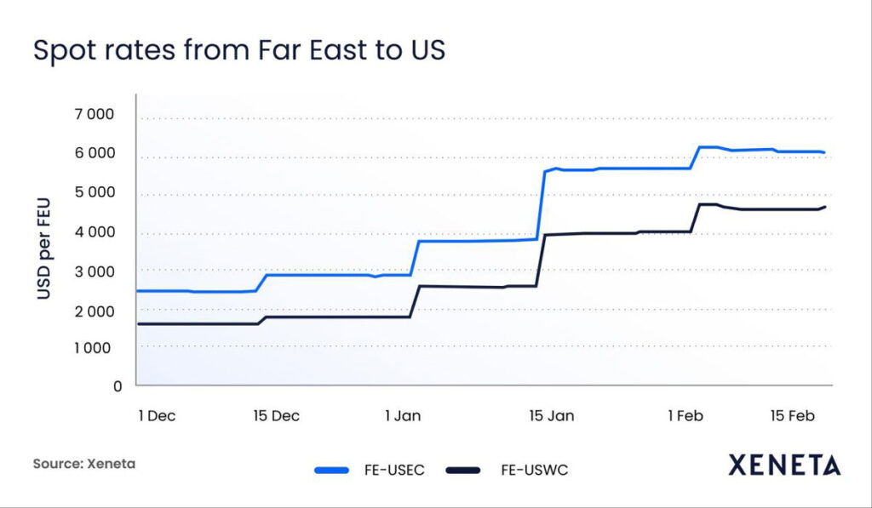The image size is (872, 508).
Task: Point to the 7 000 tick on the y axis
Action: pos(96,115)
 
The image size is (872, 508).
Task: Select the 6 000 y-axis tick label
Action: pos(96,154)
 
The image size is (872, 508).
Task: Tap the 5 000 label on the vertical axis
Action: pos(96,193)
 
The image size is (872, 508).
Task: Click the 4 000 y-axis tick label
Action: pos(96,232)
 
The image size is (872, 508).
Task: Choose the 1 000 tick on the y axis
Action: pos(96,347)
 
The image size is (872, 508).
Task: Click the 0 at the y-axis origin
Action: pos(118,386)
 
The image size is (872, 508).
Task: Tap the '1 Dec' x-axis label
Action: pos(157,416)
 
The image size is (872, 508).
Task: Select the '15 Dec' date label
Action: pos(277,416)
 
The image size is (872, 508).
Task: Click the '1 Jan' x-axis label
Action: pos(403,416)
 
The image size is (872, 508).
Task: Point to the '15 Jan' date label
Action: pos(552,416)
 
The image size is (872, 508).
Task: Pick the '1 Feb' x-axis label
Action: pos(686,416)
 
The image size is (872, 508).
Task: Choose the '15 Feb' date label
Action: pos(793,416)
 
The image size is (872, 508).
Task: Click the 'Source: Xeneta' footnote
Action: pos(84,465)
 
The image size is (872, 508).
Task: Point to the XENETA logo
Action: pos(784,465)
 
